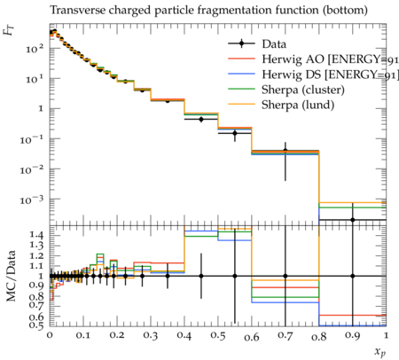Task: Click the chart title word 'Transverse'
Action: [78, 10]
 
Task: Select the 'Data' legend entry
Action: [257, 44]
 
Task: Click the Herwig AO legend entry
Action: [313, 59]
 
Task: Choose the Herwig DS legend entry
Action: [313, 74]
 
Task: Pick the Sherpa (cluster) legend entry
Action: [286, 90]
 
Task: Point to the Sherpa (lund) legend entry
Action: [281, 105]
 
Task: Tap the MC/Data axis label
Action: [11, 276]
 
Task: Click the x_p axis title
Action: [380, 351]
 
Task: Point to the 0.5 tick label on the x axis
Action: [218, 336]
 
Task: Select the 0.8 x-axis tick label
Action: [319, 336]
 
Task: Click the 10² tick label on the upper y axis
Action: [35, 48]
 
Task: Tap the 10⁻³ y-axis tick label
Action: [32, 200]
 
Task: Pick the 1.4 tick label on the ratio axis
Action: [36, 236]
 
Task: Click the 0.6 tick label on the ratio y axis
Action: [36, 317]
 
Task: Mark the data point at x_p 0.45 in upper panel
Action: [201, 120]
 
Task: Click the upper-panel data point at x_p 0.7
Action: [286, 151]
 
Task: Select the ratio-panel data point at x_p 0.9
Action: [353, 276]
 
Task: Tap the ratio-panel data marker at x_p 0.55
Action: [235, 276]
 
